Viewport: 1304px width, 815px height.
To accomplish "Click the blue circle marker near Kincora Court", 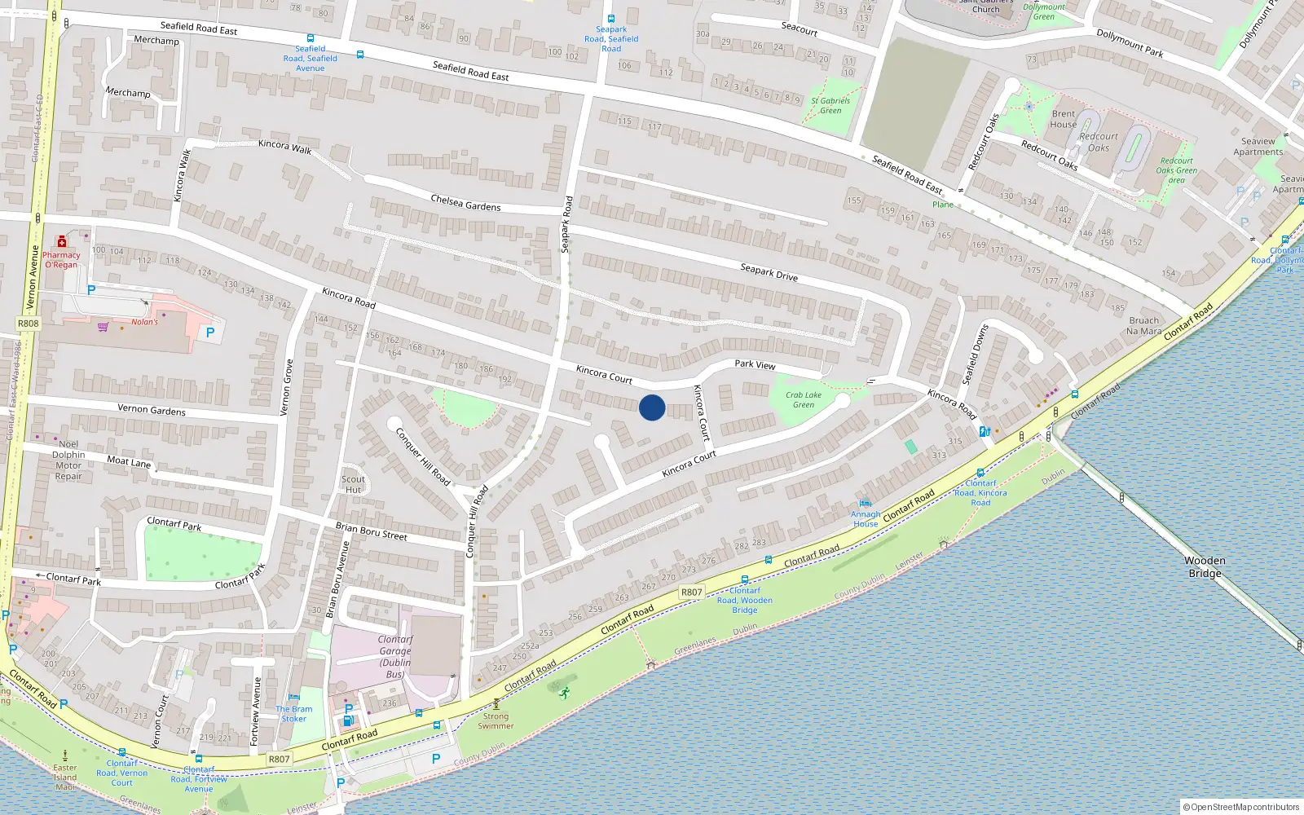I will pos(652,407).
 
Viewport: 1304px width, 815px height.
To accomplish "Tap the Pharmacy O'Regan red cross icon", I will pos(62,241).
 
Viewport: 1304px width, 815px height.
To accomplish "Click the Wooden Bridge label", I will pos(1205,566).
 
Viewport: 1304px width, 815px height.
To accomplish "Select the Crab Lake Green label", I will pos(804,399).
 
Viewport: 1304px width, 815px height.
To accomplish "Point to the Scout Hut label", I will pos(353,484).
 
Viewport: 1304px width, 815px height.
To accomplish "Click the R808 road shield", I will pos(28,324).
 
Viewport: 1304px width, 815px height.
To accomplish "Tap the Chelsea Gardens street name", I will pos(465,202).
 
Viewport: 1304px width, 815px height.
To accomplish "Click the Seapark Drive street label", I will pos(769,272).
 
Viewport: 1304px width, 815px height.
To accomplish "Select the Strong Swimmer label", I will pos(496,720).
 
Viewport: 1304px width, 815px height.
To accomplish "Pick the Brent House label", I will pos(1063,119).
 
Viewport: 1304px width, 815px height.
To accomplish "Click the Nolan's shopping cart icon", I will pos(103,327).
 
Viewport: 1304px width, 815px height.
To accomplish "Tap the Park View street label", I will pos(755,364).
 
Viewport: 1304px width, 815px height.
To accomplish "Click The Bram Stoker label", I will pos(293,713).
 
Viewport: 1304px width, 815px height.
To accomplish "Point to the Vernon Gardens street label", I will pos(152,409).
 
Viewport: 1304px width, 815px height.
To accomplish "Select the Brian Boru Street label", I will pos(371,531).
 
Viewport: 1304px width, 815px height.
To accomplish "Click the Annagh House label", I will pos(866,518).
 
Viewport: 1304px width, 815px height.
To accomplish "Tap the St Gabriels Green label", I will pos(830,105).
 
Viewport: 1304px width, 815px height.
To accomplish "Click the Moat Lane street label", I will pos(129,461).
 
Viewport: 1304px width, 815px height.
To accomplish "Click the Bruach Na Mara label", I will pos(1143,326).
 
